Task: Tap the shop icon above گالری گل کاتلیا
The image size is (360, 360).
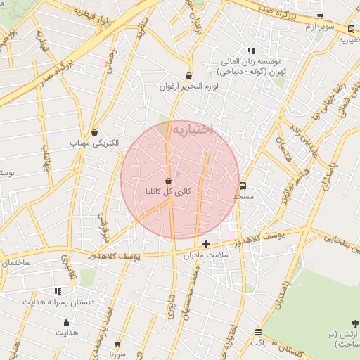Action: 168,181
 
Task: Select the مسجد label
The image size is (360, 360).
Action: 243,198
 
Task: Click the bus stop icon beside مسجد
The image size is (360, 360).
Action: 243,186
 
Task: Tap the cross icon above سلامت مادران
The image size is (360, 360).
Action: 206,245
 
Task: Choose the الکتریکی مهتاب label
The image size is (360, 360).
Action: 94,143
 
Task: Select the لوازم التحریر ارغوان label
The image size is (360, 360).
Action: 189,86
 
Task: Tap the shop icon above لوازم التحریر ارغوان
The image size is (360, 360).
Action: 188,75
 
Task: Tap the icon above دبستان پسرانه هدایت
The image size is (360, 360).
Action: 58,290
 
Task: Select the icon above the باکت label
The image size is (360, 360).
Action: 259,332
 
